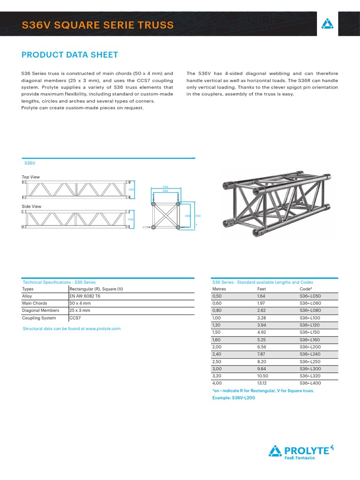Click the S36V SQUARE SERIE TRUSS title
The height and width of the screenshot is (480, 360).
click(x=97, y=25)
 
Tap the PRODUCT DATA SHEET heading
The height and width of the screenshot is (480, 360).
click(x=70, y=55)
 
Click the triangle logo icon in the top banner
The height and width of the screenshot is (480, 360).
click(x=327, y=25)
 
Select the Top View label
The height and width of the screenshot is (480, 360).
click(x=31, y=177)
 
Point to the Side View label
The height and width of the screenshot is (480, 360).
click(x=31, y=206)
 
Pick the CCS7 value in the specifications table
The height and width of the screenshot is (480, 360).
click(x=75, y=318)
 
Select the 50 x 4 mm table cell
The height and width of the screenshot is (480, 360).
click(x=80, y=303)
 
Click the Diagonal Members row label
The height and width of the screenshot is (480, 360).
click(x=40, y=310)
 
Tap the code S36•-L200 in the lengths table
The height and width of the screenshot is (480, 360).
click(x=310, y=347)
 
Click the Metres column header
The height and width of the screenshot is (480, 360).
click(x=219, y=289)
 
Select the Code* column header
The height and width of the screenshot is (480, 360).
click(x=306, y=289)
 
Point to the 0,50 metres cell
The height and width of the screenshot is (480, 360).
click(x=217, y=296)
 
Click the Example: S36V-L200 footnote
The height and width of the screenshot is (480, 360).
click(x=233, y=397)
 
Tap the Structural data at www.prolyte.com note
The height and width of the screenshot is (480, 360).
click(x=72, y=329)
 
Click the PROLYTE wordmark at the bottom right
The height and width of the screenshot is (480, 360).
click(x=307, y=451)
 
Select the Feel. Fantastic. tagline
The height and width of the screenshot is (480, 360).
click(x=300, y=458)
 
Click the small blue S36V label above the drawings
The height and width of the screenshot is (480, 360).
click(x=30, y=163)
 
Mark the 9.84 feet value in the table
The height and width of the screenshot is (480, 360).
click(x=261, y=368)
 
